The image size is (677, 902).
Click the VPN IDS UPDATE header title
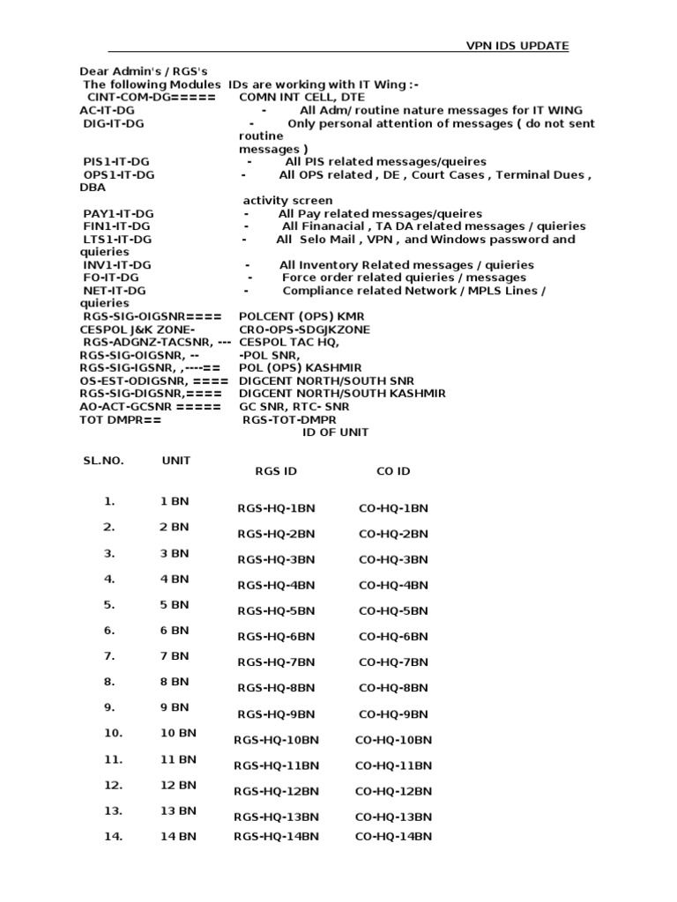pos(517,46)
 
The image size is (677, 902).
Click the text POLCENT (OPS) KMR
pos(301,315)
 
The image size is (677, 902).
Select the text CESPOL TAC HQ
pos(289,341)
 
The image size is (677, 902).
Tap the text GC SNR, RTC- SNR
pos(294,406)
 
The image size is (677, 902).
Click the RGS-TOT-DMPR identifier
pos(289,419)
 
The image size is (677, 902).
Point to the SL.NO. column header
pos(104,461)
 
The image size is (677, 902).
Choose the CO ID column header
pos(393,471)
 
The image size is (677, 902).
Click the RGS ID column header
pos(276,471)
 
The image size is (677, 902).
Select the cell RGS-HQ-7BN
pos(276,662)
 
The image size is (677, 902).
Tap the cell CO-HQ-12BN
pos(393,791)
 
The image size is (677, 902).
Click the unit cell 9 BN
pos(174,706)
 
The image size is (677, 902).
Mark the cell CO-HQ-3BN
pos(393,559)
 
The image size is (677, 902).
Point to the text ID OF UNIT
pos(336,433)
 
